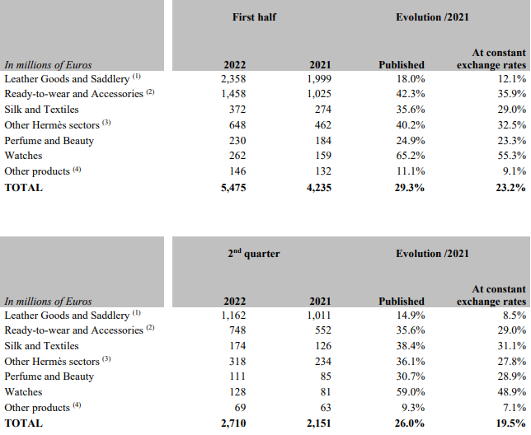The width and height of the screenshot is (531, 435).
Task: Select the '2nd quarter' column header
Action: [254, 254]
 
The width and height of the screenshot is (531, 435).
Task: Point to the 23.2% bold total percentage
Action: [510, 187]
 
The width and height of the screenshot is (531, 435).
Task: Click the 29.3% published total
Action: [408, 187]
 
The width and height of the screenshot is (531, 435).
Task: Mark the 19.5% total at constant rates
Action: [510, 423]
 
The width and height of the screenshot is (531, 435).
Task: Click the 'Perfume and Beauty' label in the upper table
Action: [49, 141]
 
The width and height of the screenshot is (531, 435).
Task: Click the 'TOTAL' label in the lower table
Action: [23, 423]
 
